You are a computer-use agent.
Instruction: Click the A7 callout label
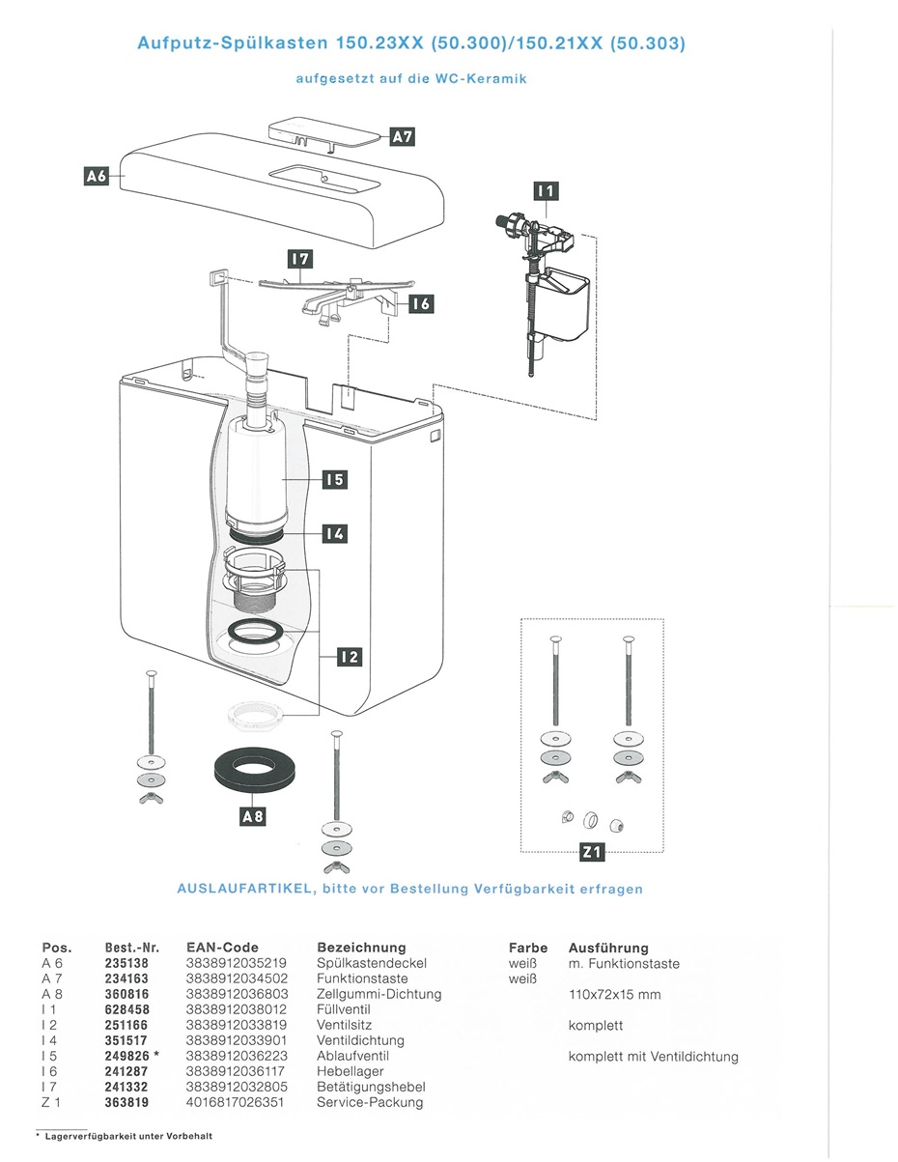pyautogui.click(x=402, y=136)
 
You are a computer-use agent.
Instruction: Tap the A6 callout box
pyautogui.click(x=97, y=176)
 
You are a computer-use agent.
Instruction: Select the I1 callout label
pyautogui.click(x=547, y=191)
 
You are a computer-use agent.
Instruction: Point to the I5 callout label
pyautogui.click(x=334, y=479)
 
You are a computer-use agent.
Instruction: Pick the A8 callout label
pyautogui.click(x=252, y=817)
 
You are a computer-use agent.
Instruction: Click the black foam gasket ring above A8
pyautogui.click(x=252, y=769)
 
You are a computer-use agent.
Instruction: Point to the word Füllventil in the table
pyautogui.click(x=344, y=1009)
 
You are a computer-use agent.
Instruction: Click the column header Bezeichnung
pyautogui.click(x=361, y=948)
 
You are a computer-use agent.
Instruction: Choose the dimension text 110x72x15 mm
pyautogui.click(x=615, y=994)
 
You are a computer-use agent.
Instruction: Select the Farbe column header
pyautogui.click(x=528, y=948)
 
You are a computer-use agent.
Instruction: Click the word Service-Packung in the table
pyautogui.click(x=370, y=1102)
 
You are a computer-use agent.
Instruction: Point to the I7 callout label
pyautogui.click(x=300, y=259)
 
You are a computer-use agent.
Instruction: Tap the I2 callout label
pyautogui.click(x=350, y=658)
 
